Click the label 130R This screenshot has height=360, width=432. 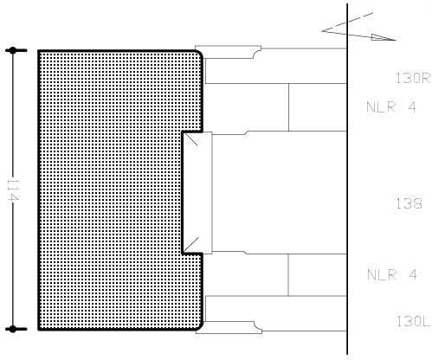tap(413, 78)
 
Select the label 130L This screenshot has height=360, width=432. tap(414, 321)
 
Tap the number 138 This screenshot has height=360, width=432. tap(409, 203)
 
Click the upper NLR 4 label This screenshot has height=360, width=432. tap(391, 107)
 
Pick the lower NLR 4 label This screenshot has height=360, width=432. tap(392, 274)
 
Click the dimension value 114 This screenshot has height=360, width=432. tap(13, 190)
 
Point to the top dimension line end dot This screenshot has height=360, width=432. tap(13, 50)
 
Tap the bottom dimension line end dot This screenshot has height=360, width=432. tap(13, 329)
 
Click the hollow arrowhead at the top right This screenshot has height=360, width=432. tap(384, 37)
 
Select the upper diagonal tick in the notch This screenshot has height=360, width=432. tap(191, 139)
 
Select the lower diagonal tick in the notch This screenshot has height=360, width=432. tap(191, 245)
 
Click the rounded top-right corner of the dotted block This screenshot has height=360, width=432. tap(198, 54)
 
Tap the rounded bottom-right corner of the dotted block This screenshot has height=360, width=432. tap(198, 326)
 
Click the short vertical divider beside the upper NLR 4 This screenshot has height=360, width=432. tap(288, 107)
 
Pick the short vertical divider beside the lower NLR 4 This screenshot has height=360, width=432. tap(288, 275)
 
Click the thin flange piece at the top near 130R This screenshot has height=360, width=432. tap(228, 52)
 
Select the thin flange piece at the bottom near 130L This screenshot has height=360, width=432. tap(229, 327)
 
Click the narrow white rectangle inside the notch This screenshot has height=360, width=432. tap(197, 193)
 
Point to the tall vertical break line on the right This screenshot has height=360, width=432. tap(347, 179)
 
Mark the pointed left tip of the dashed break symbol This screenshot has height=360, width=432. tap(322, 30)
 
